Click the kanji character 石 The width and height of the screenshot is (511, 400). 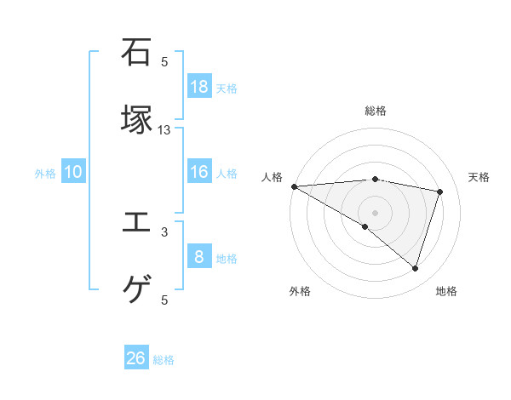[137, 53]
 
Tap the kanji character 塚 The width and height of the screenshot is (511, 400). [137, 119]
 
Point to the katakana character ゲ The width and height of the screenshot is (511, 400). [137, 290]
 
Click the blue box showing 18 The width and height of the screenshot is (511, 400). [199, 86]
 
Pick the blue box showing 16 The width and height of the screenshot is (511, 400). [199, 173]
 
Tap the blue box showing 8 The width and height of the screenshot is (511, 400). [199, 256]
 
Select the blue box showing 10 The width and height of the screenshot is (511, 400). [73, 173]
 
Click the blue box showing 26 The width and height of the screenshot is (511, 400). [136, 358]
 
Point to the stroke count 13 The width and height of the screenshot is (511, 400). [165, 129]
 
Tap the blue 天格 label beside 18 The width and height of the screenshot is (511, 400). [227, 88]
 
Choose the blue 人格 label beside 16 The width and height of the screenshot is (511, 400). [227, 174]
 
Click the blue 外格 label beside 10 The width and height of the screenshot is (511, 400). [45, 174]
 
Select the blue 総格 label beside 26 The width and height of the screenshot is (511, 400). [164, 360]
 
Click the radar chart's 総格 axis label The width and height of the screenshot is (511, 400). [375, 111]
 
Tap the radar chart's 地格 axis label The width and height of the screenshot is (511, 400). [446, 291]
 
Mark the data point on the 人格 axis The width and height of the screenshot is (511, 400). [294, 186]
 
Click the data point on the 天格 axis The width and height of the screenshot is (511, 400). [440, 191]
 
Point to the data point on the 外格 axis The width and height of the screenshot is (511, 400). [365, 226]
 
